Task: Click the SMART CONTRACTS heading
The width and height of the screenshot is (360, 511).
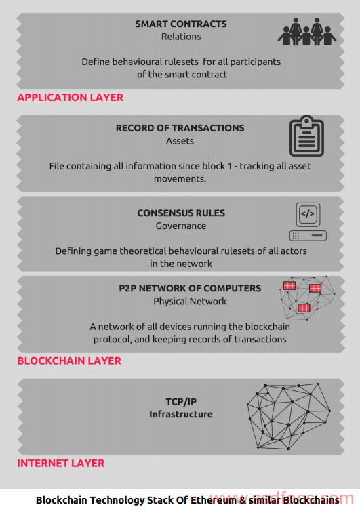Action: click(x=180, y=24)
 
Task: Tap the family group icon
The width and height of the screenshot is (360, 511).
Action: click(x=306, y=31)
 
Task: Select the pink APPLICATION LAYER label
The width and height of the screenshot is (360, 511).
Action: click(x=70, y=97)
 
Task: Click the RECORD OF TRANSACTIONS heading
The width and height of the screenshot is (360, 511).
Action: click(x=180, y=128)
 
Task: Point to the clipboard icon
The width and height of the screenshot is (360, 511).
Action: click(x=306, y=136)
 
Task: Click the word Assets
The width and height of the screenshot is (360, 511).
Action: click(x=180, y=141)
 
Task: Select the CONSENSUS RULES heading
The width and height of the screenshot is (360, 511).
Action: click(x=181, y=213)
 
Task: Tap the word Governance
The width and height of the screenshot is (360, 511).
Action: click(x=181, y=226)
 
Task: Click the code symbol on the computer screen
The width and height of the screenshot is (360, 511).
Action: click(x=308, y=213)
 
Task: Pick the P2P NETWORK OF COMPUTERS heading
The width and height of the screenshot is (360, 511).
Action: click(x=190, y=289)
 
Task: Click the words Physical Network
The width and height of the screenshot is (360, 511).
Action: click(x=190, y=301)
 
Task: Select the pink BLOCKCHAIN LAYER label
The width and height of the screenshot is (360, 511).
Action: click(x=69, y=361)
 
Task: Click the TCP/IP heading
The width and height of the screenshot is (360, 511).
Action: click(x=181, y=401)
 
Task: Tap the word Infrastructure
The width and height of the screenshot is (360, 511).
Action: click(x=181, y=414)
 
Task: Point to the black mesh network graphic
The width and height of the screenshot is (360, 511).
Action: click(x=289, y=417)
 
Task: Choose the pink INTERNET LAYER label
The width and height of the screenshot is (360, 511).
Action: click(x=61, y=463)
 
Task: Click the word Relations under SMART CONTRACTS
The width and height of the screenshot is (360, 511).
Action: click(x=181, y=37)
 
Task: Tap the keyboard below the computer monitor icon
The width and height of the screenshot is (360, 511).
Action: click(x=308, y=236)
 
